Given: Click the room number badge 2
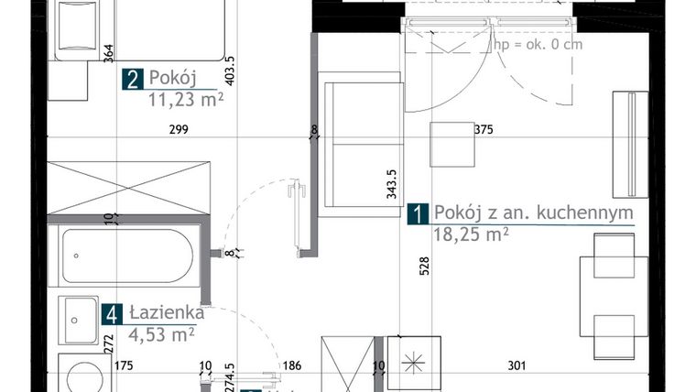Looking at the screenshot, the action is [133, 79].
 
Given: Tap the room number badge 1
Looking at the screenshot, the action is [418, 213].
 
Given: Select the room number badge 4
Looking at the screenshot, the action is [112, 315].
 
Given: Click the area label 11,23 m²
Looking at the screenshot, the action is [186, 100].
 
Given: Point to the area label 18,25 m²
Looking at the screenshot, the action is [471, 234].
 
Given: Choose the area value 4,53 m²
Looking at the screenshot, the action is [161, 334].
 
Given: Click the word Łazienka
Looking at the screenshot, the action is [167, 313].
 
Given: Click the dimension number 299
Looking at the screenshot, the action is [179, 129].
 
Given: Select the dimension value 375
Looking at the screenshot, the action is [484, 130].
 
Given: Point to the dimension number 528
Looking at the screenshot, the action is [424, 266].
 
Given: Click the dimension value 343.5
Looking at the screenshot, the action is [392, 184].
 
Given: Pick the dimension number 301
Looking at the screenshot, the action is [517, 365].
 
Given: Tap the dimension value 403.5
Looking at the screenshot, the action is [230, 71].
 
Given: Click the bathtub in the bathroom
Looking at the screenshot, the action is [127, 256].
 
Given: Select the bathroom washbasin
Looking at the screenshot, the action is [79, 320].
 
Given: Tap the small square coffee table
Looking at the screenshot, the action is [452, 145].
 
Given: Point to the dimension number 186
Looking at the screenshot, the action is [291, 365].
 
